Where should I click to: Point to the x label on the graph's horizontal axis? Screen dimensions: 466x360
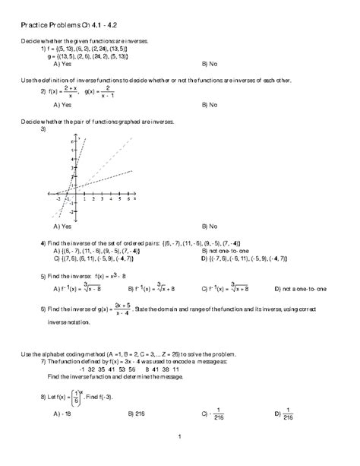[136, 200]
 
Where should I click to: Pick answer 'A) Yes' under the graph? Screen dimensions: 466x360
[64, 227]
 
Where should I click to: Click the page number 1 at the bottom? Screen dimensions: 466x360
[180, 458]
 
